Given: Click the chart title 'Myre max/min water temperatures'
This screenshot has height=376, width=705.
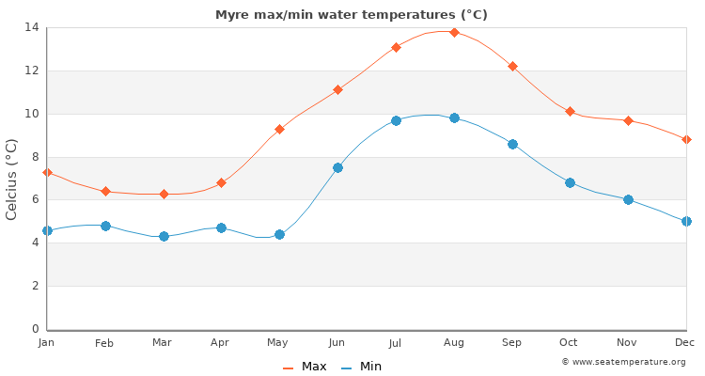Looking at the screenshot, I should (351, 15).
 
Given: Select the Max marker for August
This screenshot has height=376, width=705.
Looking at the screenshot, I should (454, 32).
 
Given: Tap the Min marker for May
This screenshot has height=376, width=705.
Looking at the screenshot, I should (279, 234).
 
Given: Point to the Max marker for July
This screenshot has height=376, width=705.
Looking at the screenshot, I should (396, 47).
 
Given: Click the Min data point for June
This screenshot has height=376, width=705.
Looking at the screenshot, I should (337, 167).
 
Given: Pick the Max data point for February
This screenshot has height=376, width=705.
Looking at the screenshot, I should (105, 191).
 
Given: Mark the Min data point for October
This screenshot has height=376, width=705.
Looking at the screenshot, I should (570, 182).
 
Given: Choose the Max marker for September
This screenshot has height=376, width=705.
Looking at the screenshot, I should (512, 66).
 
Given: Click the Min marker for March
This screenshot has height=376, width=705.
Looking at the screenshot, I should (164, 236).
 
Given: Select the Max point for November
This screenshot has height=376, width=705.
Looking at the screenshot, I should (628, 120).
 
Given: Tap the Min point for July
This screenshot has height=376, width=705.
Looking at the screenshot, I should (396, 120).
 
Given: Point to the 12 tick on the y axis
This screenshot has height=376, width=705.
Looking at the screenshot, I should (33, 70).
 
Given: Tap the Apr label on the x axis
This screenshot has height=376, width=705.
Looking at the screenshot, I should (221, 343).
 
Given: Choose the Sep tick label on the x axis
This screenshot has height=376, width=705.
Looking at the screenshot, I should (511, 343).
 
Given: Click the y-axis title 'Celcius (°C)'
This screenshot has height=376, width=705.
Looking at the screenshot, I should (12, 179).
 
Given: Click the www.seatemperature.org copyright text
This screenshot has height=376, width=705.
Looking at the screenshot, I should (623, 362).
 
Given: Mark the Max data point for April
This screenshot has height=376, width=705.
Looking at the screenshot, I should (221, 182).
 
